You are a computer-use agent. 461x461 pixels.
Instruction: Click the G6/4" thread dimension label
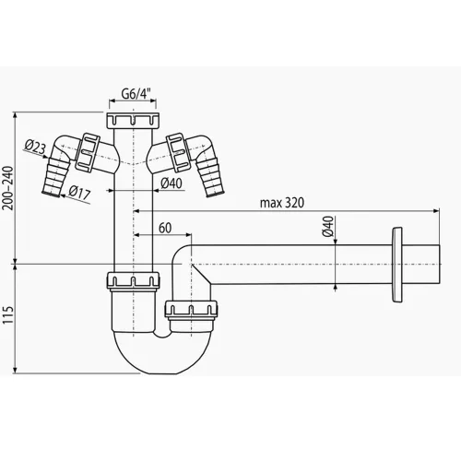click(x=135, y=93)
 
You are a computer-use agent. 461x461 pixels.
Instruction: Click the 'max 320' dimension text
click(x=281, y=202)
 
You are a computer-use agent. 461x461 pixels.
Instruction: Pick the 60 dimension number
click(x=164, y=228)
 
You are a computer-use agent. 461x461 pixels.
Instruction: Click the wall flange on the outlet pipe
click(x=397, y=263)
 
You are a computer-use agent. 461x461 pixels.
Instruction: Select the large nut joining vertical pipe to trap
click(x=133, y=282)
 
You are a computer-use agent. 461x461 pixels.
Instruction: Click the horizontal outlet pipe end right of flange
click(x=424, y=263)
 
